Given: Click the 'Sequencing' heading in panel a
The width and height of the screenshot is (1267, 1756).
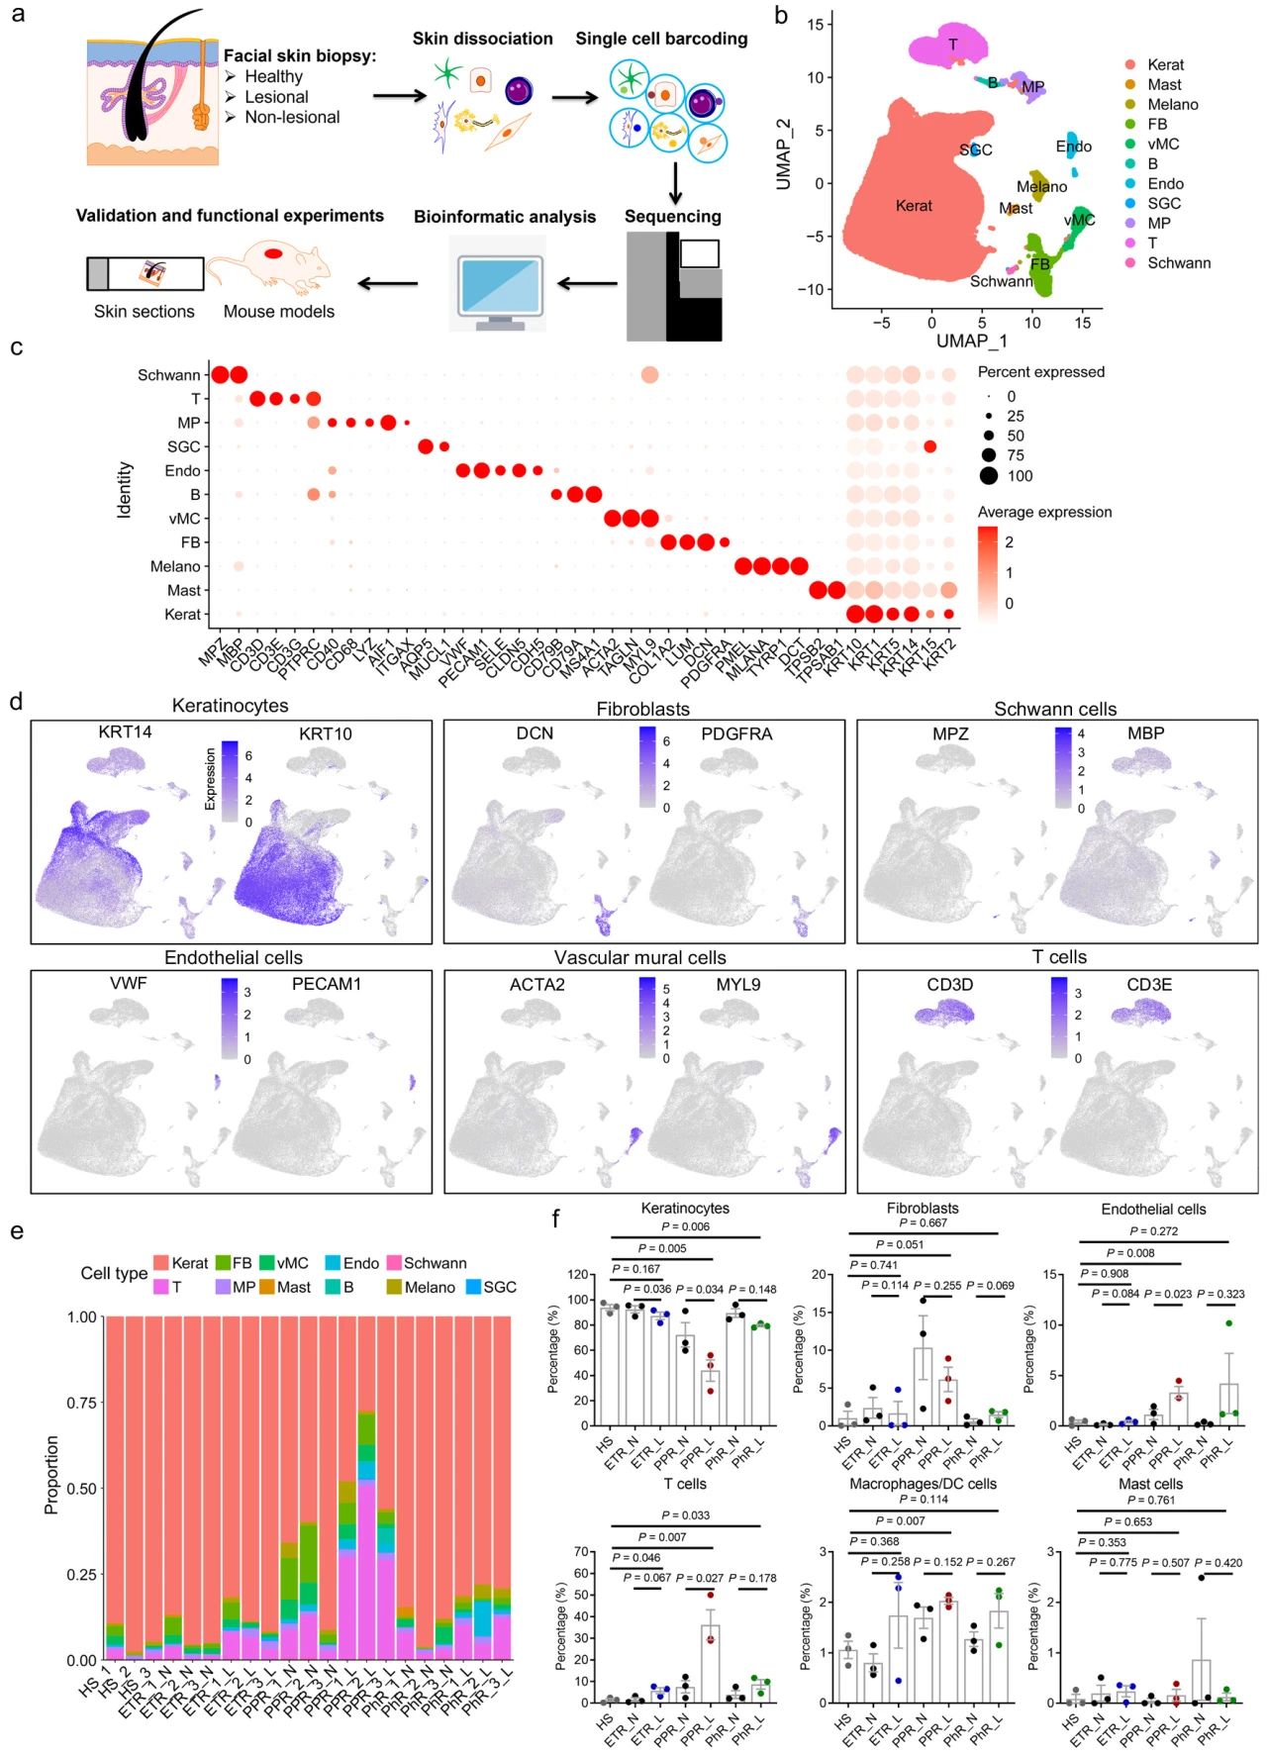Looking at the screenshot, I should coord(672,217).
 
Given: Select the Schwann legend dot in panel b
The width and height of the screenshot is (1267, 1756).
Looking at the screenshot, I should coord(1129,263).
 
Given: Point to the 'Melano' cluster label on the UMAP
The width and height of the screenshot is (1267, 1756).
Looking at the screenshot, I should coord(1041,186).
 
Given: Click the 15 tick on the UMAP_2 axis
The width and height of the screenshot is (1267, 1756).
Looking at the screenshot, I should coord(815,24).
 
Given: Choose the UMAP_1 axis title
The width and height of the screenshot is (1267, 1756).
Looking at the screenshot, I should coord(971,341).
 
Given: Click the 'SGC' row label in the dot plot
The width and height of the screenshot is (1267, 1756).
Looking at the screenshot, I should coord(183,446).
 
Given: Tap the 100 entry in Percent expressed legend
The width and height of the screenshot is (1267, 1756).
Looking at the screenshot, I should coord(1020,476).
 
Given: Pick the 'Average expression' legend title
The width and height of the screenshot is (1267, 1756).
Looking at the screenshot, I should coord(1044,512).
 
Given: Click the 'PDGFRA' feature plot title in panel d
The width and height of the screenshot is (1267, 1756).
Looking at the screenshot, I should coord(736,733).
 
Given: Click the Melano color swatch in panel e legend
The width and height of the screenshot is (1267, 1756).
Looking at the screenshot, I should coord(394,1287).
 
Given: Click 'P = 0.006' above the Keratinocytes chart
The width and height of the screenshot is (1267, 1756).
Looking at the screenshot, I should coord(685,1226).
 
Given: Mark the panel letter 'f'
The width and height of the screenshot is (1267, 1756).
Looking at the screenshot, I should coord(555,1219).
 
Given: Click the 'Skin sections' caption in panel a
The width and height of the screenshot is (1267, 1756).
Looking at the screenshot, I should coord(145,311).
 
